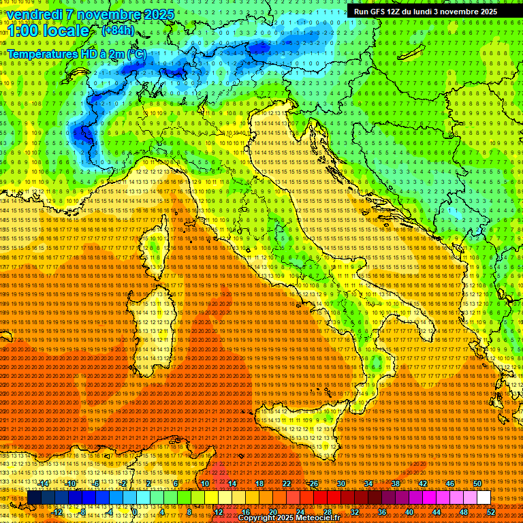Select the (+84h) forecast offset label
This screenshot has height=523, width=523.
tap(118, 31)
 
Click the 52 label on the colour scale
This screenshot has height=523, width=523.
tap(491, 511)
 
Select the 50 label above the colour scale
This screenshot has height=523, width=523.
tap(477, 484)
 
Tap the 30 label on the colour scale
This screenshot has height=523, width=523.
tap(341, 484)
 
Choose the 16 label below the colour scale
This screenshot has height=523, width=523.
tap(246, 511)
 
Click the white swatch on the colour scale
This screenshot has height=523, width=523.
tap(484, 497)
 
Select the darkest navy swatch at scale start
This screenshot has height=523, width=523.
tap(34, 497)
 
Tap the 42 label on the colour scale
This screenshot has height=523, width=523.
tap(423, 484)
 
